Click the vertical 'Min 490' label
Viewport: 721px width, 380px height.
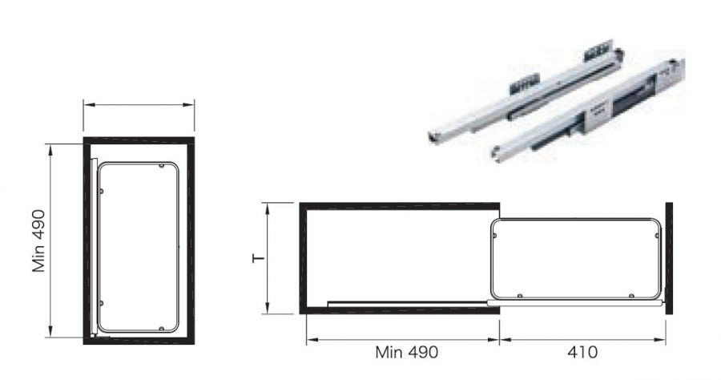38,241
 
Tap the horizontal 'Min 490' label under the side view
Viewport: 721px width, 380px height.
406,353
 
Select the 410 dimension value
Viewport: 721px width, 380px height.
582,353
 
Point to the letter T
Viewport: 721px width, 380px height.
259,257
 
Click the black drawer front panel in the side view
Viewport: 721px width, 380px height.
669,258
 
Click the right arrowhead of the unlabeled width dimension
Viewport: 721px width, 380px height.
188,105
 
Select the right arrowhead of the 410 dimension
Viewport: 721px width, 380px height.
660,341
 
